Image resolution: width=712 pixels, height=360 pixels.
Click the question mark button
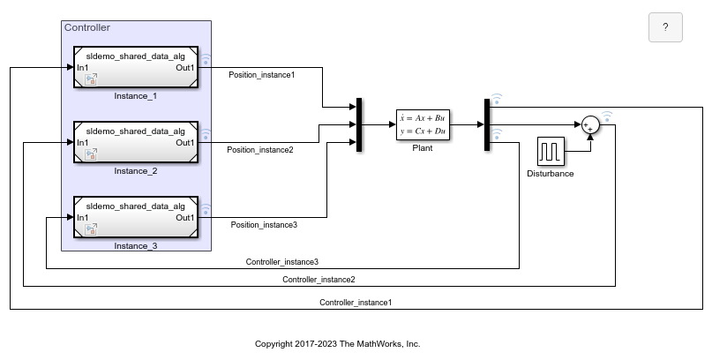click(x=665, y=27)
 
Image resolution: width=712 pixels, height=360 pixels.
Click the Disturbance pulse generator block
click(x=551, y=151)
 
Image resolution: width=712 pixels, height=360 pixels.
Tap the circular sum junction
click(x=588, y=125)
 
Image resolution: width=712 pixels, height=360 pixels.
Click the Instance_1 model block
click(x=136, y=67)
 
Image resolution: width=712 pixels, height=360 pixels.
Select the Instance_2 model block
click(x=136, y=142)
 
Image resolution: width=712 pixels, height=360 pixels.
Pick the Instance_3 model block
click(x=136, y=217)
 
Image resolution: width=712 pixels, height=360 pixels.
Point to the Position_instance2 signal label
click(x=260, y=150)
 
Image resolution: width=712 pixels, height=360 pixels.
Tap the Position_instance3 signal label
click(x=264, y=225)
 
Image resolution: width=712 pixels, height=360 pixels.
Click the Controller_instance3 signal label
click(x=281, y=262)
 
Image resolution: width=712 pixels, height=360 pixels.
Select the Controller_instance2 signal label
click(x=319, y=280)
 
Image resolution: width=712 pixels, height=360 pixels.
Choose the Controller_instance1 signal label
click(x=356, y=303)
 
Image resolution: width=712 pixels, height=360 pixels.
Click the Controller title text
click(x=87, y=28)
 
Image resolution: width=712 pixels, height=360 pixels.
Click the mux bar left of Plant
click(x=359, y=125)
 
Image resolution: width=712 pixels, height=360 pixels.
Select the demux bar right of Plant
click(x=486, y=125)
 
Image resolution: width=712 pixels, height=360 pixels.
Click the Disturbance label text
click(x=551, y=174)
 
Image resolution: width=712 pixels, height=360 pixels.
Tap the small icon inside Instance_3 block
click(x=90, y=230)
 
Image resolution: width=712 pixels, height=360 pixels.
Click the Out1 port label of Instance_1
click(x=184, y=68)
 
